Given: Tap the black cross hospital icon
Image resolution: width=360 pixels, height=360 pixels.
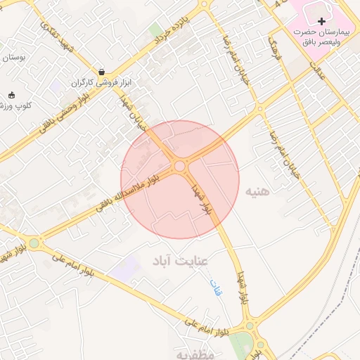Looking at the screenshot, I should pyautogui.click(x=323, y=22).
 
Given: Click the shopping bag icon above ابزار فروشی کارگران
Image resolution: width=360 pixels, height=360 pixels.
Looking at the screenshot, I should pyautogui.click(x=103, y=72).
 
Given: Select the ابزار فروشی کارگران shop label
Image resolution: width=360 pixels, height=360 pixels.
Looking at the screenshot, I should pyautogui.click(x=103, y=83).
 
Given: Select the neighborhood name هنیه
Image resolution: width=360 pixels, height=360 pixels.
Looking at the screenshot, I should pyautogui.click(x=257, y=191).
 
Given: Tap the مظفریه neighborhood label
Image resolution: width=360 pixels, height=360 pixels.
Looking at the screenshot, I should pyautogui.click(x=195, y=353).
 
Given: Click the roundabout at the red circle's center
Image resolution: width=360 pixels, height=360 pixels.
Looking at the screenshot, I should pyautogui.click(x=180, y=167).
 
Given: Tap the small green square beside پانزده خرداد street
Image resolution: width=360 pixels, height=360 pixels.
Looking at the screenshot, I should pyautogui.click(x=155, y=30).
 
